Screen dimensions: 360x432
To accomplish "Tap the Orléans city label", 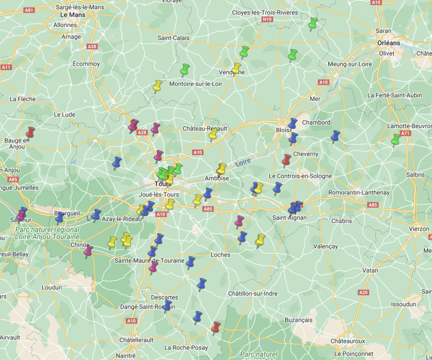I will pyautogui.click(x=389, y=43).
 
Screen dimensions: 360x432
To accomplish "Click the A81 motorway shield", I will pyautogui.click(x=29, y=10).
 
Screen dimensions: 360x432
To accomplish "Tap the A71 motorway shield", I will pyautogui.click(x=406, y=133).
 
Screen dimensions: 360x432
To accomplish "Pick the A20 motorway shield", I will pyautogui.click(x=363, y=292).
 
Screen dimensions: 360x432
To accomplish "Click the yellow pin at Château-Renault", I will pyautogui.click(x=213, y=134).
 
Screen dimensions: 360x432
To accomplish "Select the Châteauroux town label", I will pyautogui.click(x=348, y=341).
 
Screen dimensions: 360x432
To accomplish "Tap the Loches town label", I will pyautogui.click(x=221, y=255).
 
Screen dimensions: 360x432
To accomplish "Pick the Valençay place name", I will pyautogui.click(x=325, y=246).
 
